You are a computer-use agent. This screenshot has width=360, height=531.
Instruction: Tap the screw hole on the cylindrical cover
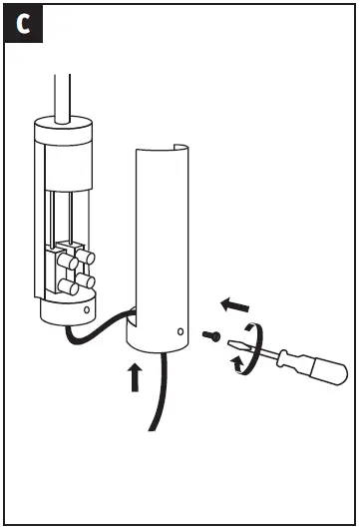click(180, 330)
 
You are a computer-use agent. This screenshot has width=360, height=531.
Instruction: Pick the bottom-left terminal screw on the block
click(68, 287)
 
